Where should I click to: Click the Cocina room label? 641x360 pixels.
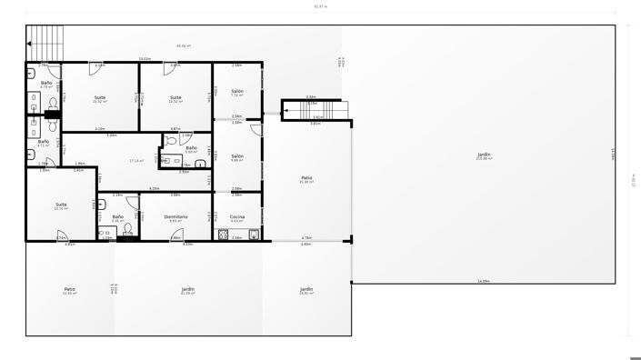click(236, 216)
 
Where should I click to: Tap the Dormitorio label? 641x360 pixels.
click(175, 216)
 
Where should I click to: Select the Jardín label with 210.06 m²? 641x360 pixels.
click(484, 155)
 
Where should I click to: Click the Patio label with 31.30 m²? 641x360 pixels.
click(306, 177)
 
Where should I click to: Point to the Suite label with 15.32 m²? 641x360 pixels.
click(100, 97)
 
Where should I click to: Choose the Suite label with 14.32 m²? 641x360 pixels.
click(175, 97)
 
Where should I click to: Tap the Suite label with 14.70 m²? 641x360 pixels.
click(61, 205)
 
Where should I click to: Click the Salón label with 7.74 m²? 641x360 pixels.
click(236, 91)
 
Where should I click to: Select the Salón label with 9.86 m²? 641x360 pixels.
click(236, 155)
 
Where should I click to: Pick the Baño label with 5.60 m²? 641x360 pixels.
click(191, 147)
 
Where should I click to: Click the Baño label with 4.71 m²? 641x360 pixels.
click(43, 142)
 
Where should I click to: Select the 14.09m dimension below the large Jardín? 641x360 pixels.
click(484, 281)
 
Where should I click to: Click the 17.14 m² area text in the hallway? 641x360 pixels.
click(136, 161)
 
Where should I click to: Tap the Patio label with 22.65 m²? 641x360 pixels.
click(69, 290)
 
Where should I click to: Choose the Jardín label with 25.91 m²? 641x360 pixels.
click(306, 290)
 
